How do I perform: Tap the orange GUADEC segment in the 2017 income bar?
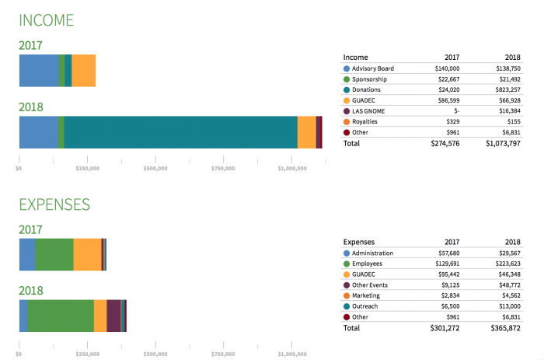(x=83, y=70)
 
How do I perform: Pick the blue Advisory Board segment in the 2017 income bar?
(x=38, y=70)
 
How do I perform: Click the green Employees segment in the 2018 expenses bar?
(x=61, y=316)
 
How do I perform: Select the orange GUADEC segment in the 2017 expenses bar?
(x=87, y=254)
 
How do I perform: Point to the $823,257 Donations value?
(x=501, y=90)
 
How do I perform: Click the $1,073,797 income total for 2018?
(x=497, y=144)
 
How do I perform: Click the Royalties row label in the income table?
(x=364, y=122)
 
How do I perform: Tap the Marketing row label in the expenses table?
(x=366, y=295)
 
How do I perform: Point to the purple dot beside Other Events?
(x=347, y=285)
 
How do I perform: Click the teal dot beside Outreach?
(x=347, y=306)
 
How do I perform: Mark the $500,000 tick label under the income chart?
(x=155, y=168)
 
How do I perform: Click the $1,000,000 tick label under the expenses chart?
(x=293, y=353)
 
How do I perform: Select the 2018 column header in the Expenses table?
(x=511, y=242)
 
